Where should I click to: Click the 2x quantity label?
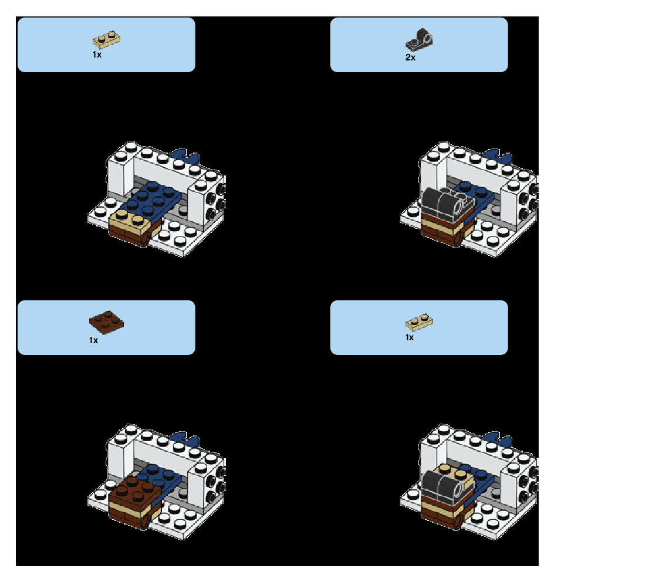click(410, 57)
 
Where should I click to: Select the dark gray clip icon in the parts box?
click(419, 40)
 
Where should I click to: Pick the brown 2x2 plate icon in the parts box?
click(106, 319)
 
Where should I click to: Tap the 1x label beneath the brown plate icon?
click(94, 340)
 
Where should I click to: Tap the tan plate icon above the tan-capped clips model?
click(420, 322)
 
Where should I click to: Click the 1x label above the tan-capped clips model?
click(410, 337)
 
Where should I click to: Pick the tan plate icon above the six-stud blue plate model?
click(107, 40)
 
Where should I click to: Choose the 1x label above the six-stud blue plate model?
click(97, 54)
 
